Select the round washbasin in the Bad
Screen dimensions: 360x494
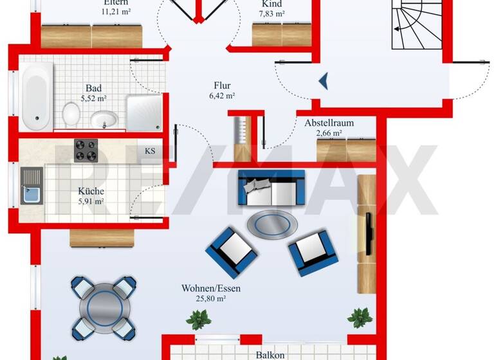point(104,119)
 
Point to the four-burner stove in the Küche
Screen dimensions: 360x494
point(86,152)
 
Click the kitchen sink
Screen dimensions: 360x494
point(30,186)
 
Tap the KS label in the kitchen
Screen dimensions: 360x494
point(150,152)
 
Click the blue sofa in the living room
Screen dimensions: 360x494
point(271,188)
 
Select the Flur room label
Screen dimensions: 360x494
point(223,85)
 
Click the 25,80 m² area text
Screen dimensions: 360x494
point(211,299)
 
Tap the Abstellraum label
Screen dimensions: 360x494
point(329,123)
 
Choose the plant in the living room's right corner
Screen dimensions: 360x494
point(358,316)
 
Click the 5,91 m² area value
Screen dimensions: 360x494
point(91,201)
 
